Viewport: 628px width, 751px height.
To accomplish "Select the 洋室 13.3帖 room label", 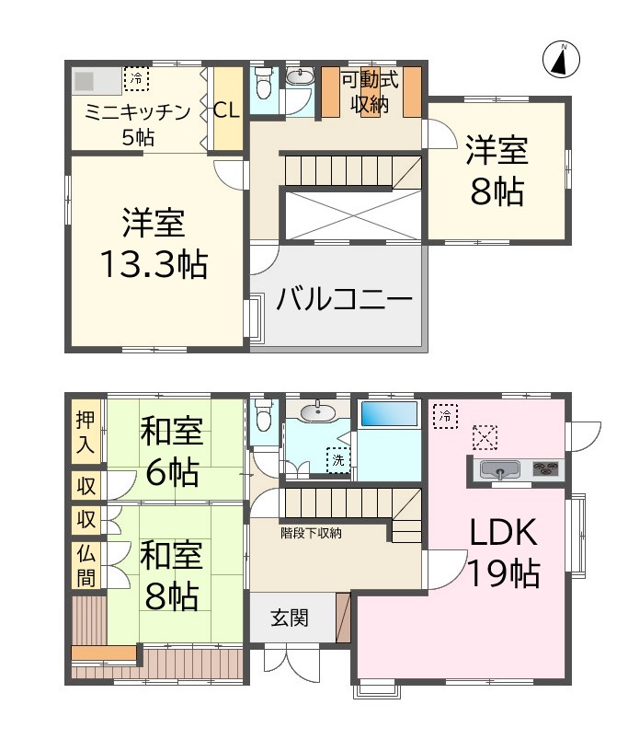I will pyautogui.click(x=154, y=244).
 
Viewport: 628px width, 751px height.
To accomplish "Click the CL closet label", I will pyautogui.click(x=226, y=110).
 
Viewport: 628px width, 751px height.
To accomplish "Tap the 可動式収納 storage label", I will pyautogui.click(x=369, y=92).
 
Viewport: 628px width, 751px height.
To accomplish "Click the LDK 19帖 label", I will pyautogui.click(x=503, y=552).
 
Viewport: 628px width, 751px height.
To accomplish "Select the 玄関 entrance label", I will pyautogui.click(x=289, y=618).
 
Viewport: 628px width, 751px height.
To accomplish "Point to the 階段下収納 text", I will pyautogui.click(x=312, y=532).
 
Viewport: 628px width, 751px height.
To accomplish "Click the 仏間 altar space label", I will pyautogui.click(x=86, y=565).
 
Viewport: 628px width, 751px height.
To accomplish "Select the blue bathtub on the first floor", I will pyautogui.click(x=389, y=413).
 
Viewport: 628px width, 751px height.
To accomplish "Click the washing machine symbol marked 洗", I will pyautogui.click(x=338, y=459).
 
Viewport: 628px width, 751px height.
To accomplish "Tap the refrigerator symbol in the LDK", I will pyautogui.click(x=445, y=416).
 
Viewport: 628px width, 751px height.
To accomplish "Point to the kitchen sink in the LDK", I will pyautogui.click(x=499, y=471).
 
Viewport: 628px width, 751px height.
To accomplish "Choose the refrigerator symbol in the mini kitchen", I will pyautogui.click(x=136, y=80).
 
